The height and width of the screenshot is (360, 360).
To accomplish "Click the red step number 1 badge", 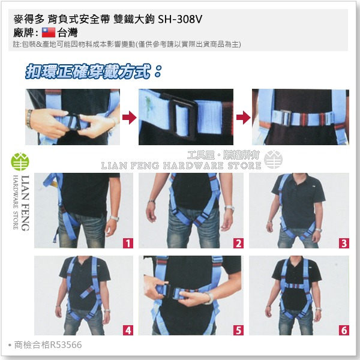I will (127, 243).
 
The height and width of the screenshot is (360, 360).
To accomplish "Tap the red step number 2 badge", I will (239, 243).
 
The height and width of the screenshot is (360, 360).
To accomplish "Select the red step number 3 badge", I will (343, 243).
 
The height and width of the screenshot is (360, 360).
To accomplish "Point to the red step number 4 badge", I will (127, 329).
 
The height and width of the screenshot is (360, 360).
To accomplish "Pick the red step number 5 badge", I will (239, 329).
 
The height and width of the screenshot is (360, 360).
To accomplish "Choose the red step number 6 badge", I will (343, 329).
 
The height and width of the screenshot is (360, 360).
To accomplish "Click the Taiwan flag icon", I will (49, 34).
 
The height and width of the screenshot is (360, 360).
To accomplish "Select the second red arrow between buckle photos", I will (241, 116).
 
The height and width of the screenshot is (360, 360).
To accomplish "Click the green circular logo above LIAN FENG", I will (19, 163).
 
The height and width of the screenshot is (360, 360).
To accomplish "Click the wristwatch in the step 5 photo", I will (208, 298).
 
